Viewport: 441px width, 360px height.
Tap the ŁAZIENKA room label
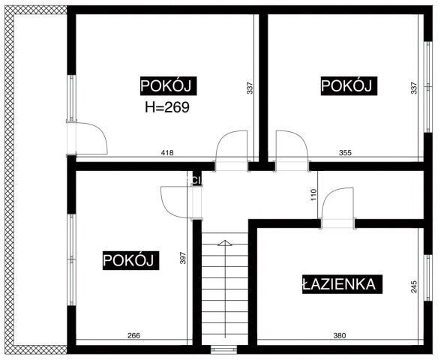coord(342,284)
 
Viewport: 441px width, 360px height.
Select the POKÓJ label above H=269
coord(168,86)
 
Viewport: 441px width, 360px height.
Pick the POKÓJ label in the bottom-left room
coord(128,260)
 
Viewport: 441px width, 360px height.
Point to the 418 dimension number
coord(167,153)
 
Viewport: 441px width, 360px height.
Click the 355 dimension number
coord(345,153)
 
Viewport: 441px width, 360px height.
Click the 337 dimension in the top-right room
coord(414,88)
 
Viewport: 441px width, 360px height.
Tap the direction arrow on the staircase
coord(224,243)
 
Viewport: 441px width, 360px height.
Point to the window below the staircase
coord(223,349)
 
